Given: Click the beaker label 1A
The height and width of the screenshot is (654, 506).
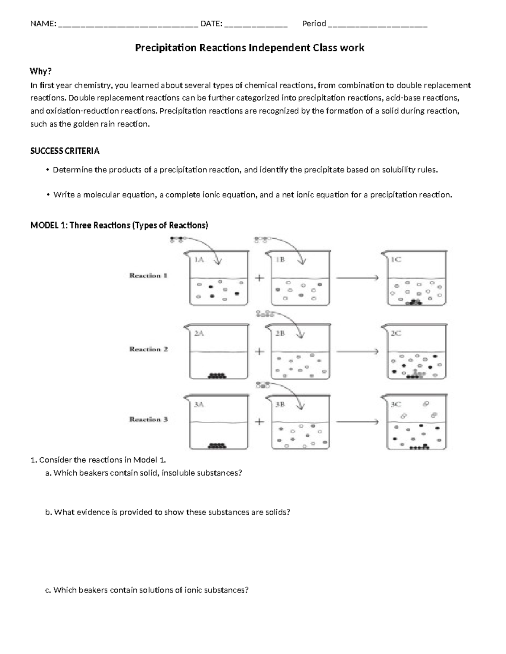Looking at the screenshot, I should click(x=199, y=260).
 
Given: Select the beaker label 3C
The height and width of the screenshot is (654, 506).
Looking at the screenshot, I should click(x=396, y=404).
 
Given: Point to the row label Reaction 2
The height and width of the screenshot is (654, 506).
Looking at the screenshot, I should click(x=148, y=349).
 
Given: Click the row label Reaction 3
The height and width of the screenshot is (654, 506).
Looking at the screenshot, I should click(x=148, y=419).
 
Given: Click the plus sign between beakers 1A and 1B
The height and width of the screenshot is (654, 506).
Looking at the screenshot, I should click(x=260, y=278).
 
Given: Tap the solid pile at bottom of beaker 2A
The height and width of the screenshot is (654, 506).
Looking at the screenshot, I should click(x=218, y=376).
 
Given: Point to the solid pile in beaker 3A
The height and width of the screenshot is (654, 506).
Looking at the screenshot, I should click(x=218, y=445).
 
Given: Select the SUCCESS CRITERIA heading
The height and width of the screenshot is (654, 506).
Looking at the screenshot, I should click(x=65, y=151).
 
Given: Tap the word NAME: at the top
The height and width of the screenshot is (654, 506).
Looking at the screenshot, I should click(x=43, y=24).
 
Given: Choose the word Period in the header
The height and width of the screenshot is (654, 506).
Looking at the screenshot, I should click(x=314, y=24).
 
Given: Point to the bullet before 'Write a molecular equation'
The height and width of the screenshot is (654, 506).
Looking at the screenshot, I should click(x=48, y=195).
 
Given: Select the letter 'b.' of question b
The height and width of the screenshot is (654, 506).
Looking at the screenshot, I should click(x=48, y=512).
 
